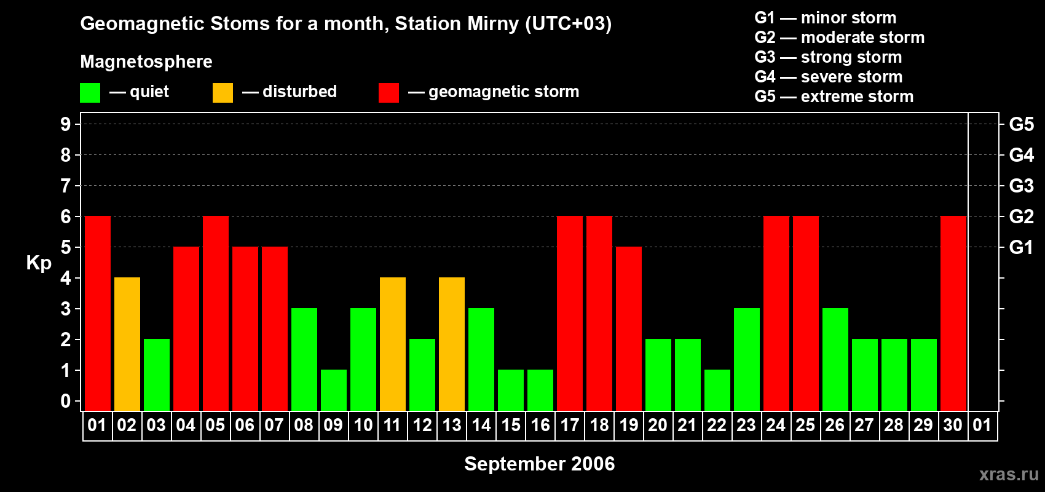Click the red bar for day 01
click(98, 314)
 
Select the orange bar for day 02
click(127, 344)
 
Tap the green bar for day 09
click(334, 391)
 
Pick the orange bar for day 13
click(452, 344)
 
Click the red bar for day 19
click(629, 329)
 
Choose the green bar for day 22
click(717, 391)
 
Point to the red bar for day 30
click(953, 314)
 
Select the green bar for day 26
click(835, 360)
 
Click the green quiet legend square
click(90, 93)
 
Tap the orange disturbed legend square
click(223, 93)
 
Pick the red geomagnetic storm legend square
click(389, 93)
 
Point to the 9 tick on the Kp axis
click(66, 124)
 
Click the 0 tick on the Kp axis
click(66, 402)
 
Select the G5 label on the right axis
click(1021, 124)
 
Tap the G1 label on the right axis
click(1021, 247)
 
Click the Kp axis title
click(39, 263)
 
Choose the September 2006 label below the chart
click(539, 464)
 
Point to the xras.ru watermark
click(1009, 474)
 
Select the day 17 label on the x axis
click(570, 426)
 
